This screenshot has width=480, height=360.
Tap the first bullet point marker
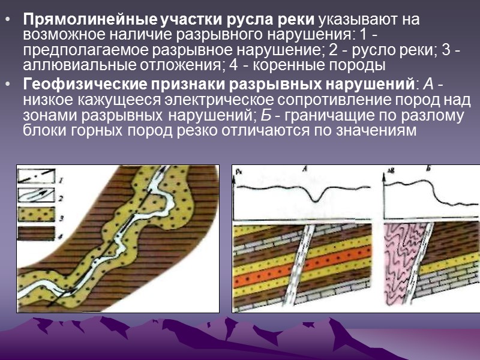(x=7, y=20)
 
